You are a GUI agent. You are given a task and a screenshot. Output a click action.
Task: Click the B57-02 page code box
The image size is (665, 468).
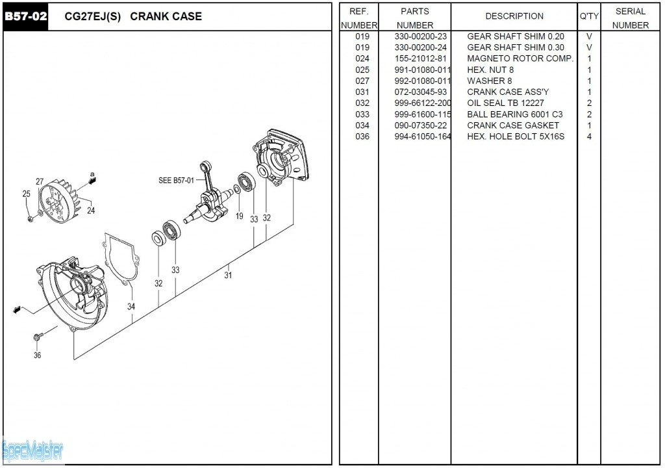(x=26, y=16)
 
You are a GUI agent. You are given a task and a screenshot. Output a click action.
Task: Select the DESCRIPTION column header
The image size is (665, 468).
(x=514, y=16)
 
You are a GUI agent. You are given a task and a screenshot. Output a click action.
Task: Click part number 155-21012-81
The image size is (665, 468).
(x=420, y=58)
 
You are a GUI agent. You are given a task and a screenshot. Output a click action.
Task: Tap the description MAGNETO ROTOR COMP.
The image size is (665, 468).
(x=520, y=58)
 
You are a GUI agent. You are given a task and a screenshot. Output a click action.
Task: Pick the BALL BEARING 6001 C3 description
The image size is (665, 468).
(x=514, y=114)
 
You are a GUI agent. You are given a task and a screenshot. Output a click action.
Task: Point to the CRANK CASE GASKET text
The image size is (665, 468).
(x=512, y=125)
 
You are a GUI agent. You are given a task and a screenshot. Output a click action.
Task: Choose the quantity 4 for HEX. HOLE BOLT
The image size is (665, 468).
(x=589, y=136)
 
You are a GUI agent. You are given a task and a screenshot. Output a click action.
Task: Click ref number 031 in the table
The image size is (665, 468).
(x=362, y=92)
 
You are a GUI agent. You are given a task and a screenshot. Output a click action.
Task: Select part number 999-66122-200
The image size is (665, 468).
(x=422, y=103)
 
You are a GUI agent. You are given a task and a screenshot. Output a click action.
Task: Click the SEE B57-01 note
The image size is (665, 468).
(x=176, y=180)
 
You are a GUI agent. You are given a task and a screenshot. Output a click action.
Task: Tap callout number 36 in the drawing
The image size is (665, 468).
(x=38, y=355)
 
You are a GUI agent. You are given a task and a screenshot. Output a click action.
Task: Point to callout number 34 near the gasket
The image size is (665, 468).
(x=131, y=306)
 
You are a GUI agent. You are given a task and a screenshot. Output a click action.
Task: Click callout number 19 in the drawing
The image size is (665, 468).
(x=240, y=216)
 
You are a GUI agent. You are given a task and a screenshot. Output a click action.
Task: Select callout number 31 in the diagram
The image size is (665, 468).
(x=228, y=275)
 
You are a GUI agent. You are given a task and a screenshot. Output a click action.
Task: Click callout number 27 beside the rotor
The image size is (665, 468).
(x=40, y=182)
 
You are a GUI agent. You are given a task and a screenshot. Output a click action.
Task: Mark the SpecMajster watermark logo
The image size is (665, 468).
(x=32, y=449)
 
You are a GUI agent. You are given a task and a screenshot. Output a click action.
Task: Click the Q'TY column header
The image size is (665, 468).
(x=589, y=16)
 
